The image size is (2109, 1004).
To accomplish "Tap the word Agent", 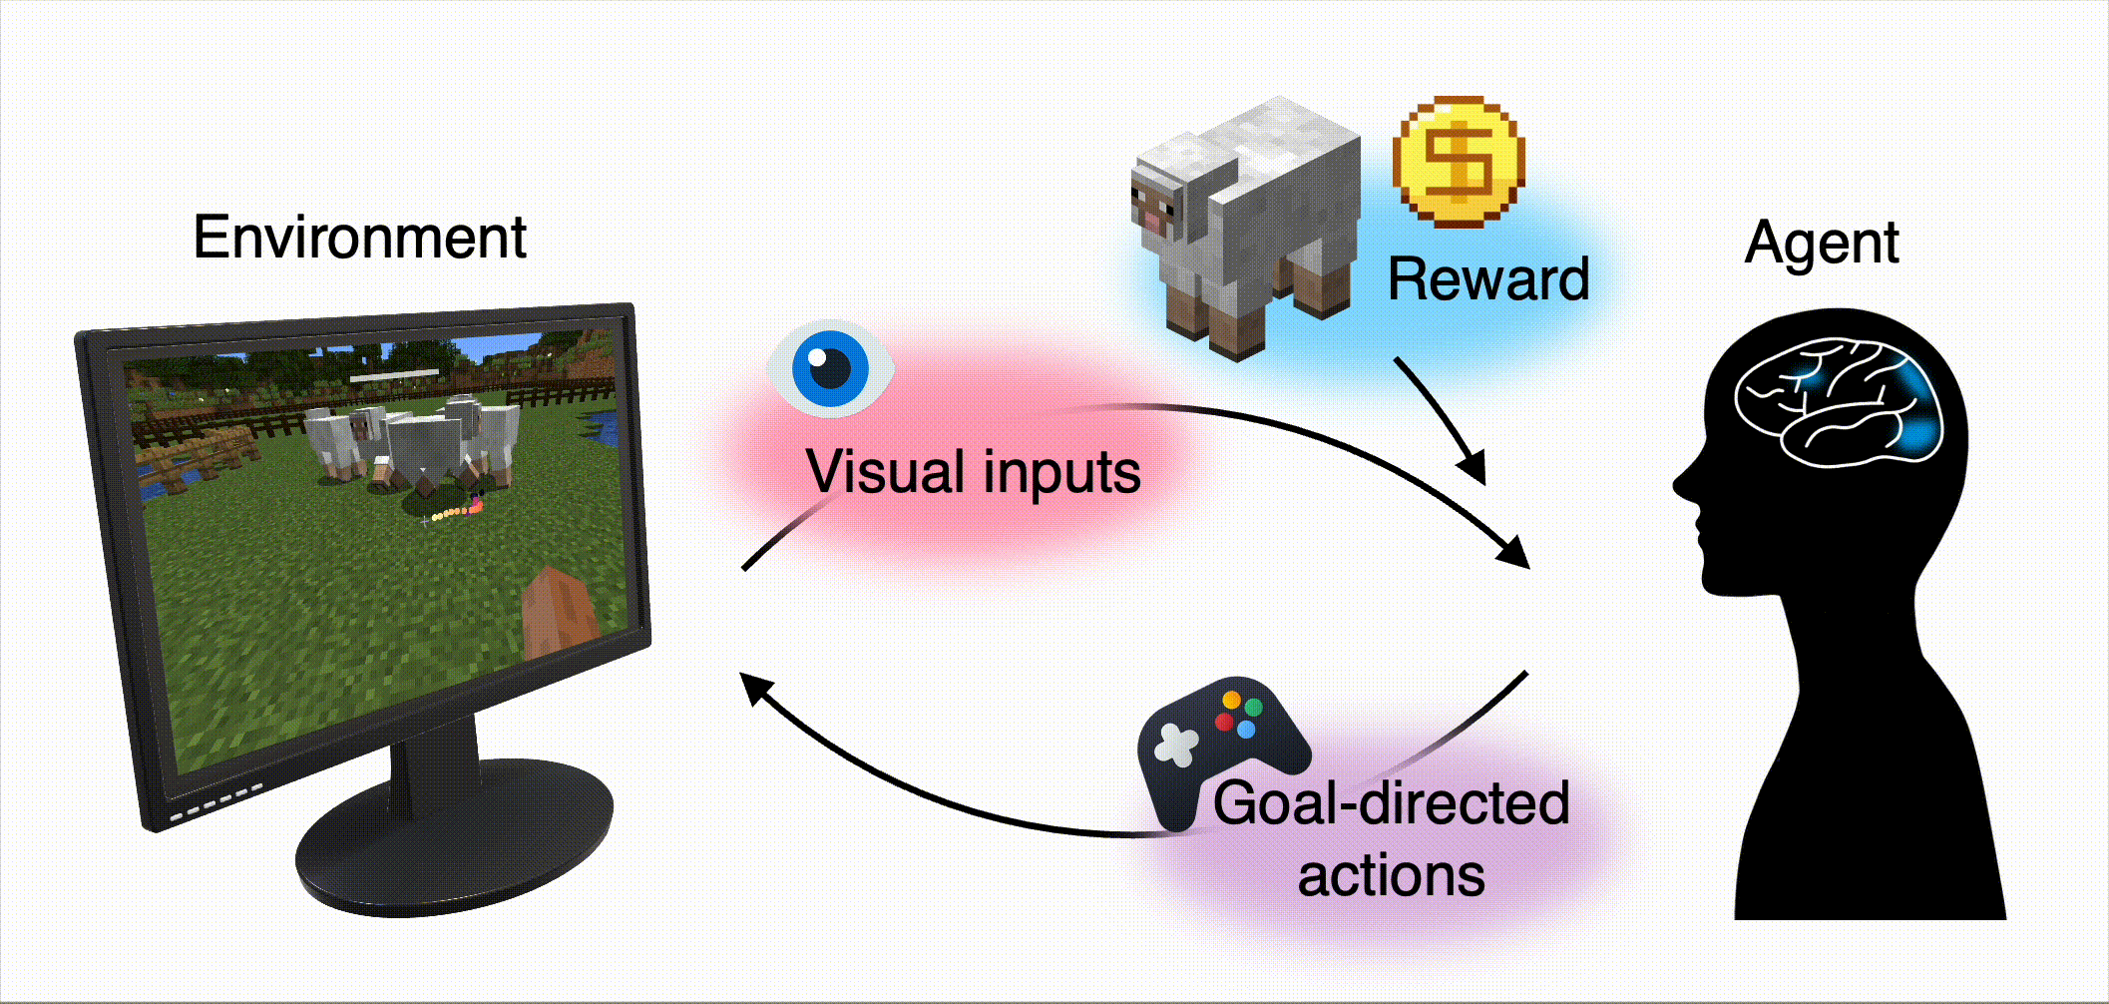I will tap(1822, 243).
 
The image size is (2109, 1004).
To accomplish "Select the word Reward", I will tap(1487, 278).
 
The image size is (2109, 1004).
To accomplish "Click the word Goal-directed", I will tap(1391, 802).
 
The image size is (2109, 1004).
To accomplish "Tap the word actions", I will tap(1391, 875).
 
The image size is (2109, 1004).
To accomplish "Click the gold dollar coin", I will tap(1459, 161).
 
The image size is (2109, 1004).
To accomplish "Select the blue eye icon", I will tap(830, 367).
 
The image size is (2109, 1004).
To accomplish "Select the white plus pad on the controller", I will tap(1175, 745).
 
